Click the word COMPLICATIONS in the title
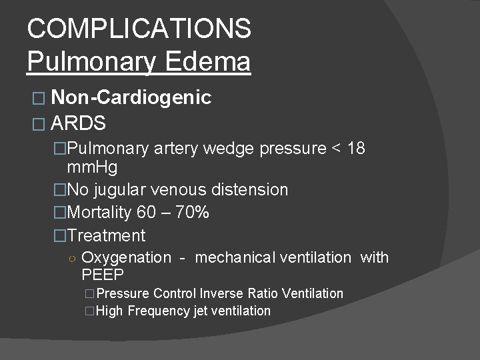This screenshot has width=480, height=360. coord(139,29)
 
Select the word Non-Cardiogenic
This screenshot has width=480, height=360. coord(131,99)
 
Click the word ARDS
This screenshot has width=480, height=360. coord(78,123)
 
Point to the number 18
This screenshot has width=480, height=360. coord(356,148)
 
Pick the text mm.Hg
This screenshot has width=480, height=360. coord(93,167)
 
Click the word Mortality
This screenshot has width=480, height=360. coord(100,213)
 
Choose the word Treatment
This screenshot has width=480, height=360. coord(107,235)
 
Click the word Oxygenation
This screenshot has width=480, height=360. coord(126,257)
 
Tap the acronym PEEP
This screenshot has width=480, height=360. coord(103,275)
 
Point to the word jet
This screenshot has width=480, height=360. coord(200,311)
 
